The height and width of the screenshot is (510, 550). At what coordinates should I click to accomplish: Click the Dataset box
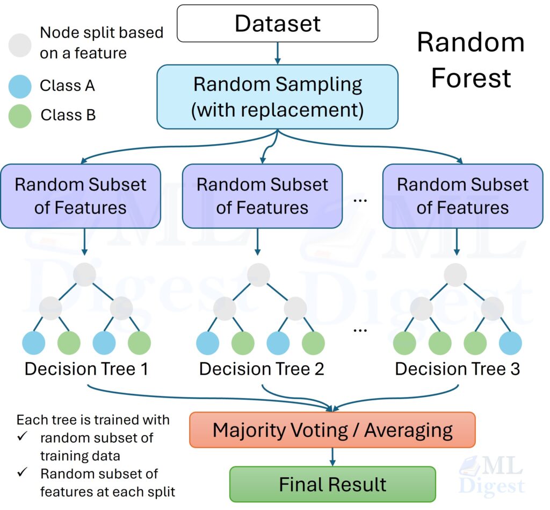pos(278,24)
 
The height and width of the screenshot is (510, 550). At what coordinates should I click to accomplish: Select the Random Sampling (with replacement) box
pos(277,97)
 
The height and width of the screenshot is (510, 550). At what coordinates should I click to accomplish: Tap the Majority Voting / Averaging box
pos(332,430)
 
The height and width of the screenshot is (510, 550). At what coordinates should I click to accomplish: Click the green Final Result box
pos(332,484)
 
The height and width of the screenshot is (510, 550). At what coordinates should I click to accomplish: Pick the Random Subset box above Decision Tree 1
pos(81,196)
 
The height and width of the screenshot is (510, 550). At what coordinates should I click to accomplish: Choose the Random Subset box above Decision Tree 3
pos(462,196)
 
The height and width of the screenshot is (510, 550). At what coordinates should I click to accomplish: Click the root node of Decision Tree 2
pos(259,275)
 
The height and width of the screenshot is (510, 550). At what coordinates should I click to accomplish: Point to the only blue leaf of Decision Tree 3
pos(510,343)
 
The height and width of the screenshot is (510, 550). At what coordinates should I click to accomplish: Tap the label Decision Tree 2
pos(262,369)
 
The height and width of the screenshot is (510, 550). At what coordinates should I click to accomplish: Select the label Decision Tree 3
pos(457,369)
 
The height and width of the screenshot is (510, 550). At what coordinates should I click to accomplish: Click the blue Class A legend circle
pos(20,86)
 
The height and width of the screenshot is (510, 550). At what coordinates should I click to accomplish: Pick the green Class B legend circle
pos(20,116)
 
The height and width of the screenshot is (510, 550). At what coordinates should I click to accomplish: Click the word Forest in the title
pos(471,78)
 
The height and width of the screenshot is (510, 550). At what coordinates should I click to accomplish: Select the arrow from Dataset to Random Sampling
pos(278,53)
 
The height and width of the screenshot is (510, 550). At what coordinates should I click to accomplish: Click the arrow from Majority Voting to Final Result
pos(332,457)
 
